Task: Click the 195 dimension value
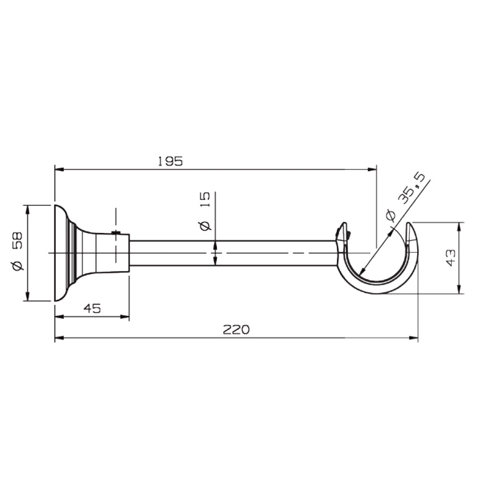point(170,161)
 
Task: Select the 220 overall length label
point(236,329)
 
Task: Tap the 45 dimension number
point(92,308)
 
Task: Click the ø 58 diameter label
point(18,251)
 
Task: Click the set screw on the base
point(116,232)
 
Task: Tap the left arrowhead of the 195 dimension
point(59,169)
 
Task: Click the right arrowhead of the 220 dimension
point(414,337)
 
